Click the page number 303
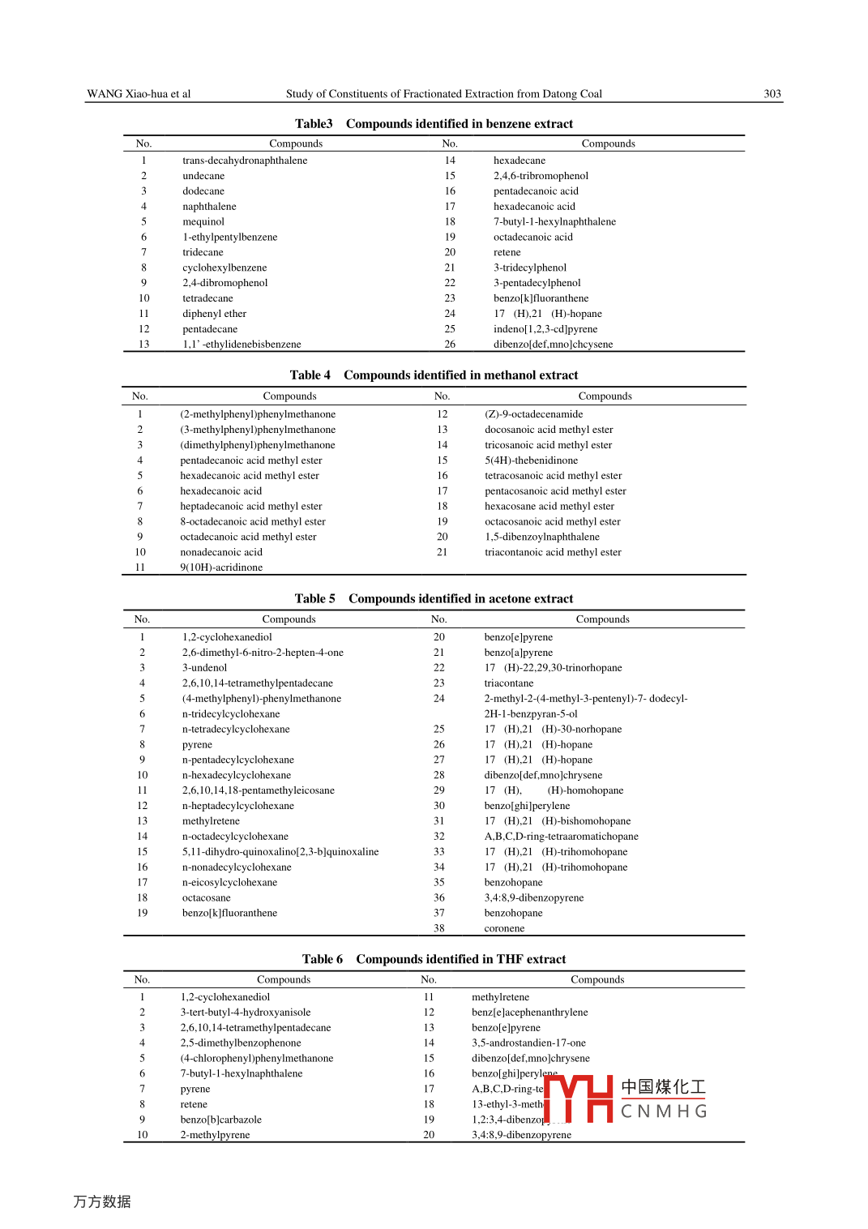[772, 94]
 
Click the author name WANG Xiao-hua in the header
[128, 94]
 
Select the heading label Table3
[314, 124]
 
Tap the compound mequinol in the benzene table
[203, 222]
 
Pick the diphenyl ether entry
[214, 314]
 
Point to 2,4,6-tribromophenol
[541, 176]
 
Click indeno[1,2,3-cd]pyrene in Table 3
[545, 329]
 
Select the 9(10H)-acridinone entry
[221, 567]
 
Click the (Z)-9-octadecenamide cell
[533, 414]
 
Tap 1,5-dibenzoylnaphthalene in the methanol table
[542, 537]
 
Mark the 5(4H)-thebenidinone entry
[531, 460]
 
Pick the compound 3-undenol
[204, 668]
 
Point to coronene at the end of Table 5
[504, 928]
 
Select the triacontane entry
[508, 683]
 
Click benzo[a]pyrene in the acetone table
[518, 653]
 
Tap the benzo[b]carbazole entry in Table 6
[220, 1120]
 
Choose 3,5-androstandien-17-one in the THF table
[528, 1043]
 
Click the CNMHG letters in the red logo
[664, 1111]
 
